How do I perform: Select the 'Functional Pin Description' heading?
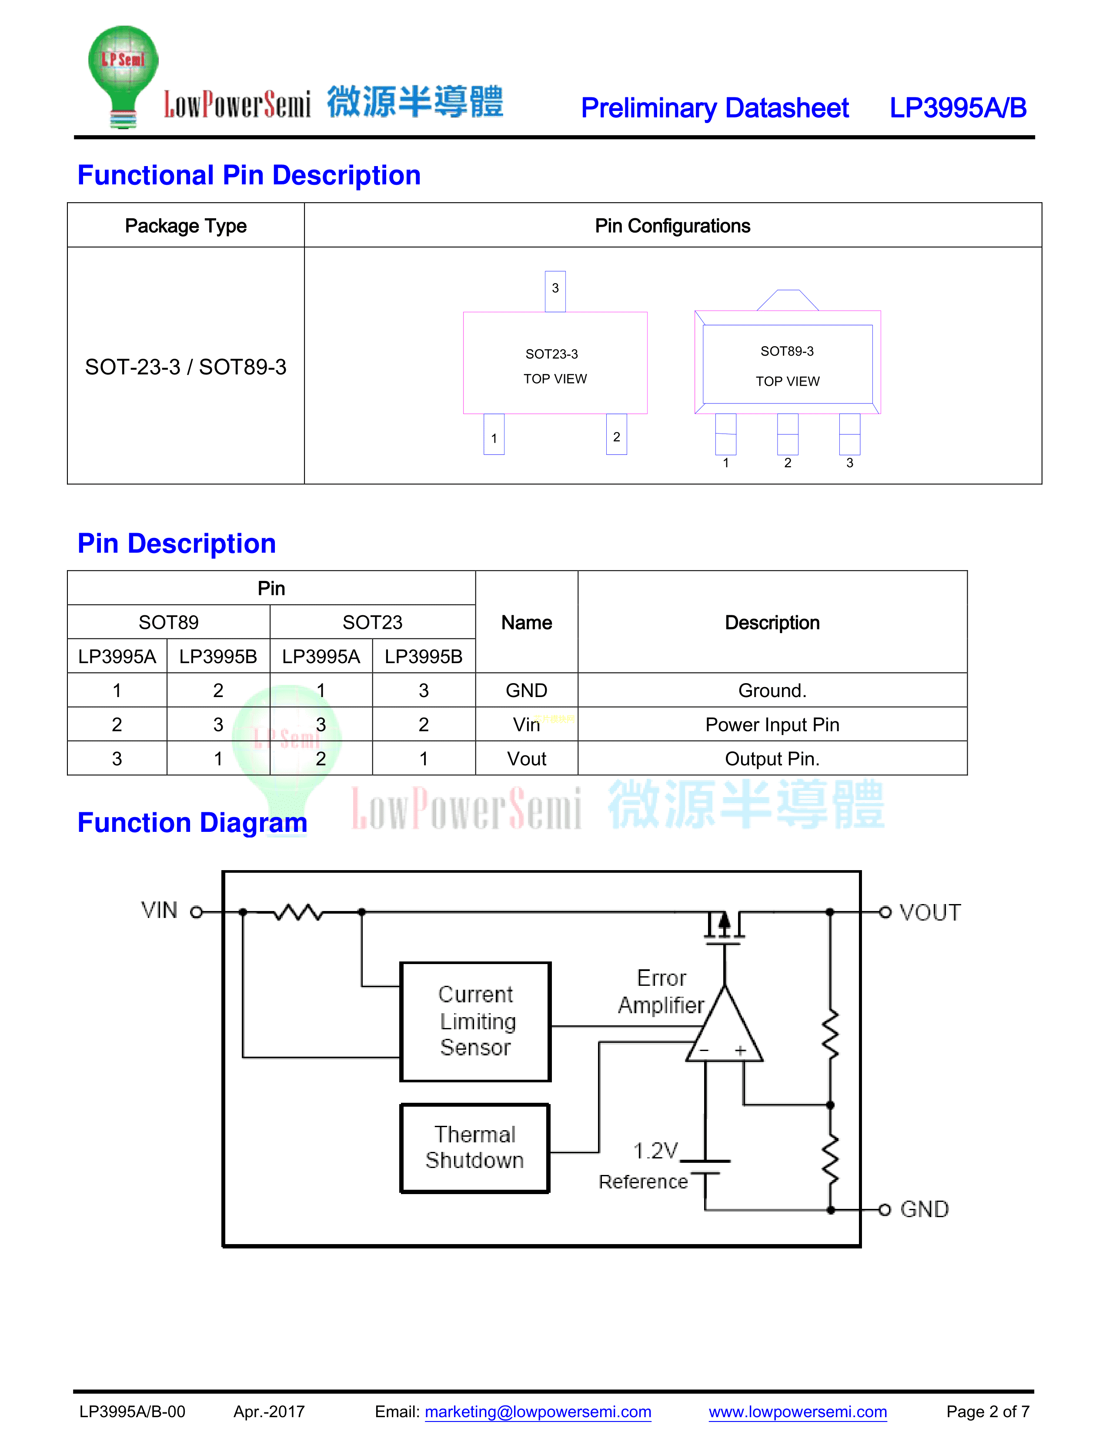(x=249, y=175)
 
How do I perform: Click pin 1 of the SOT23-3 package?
(x=494, y=435)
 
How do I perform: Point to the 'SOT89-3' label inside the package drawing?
(x=787, y=351)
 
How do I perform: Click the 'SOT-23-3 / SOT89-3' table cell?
(x=186, y=367)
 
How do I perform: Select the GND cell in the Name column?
(x=526, y=691)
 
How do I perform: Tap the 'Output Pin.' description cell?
(x=772, y=759)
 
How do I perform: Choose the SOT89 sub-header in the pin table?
(x=169, y=622)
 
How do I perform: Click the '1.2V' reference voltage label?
(x=655, y=1151)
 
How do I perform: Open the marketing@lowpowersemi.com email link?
(x=538, y=1412)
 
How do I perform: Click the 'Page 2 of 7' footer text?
(x=988, y=1412)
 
